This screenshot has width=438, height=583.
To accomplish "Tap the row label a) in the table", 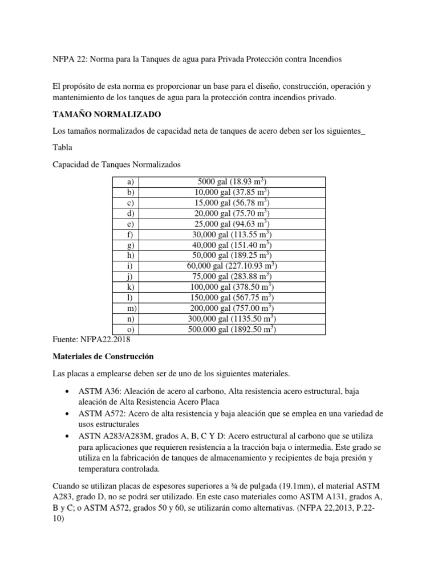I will click(x=130, y=182).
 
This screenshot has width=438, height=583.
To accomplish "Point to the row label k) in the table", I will click(x=130, y=288).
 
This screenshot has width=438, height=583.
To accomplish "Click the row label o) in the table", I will click(x=130, y=330).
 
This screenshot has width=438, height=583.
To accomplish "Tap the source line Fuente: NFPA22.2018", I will click(x=91, y=339).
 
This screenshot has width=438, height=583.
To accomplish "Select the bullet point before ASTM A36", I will click(x=68, y=393).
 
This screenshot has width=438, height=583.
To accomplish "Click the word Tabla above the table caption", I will click(x=62, y=147).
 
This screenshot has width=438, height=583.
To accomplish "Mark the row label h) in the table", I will click(x=130, y=256).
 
